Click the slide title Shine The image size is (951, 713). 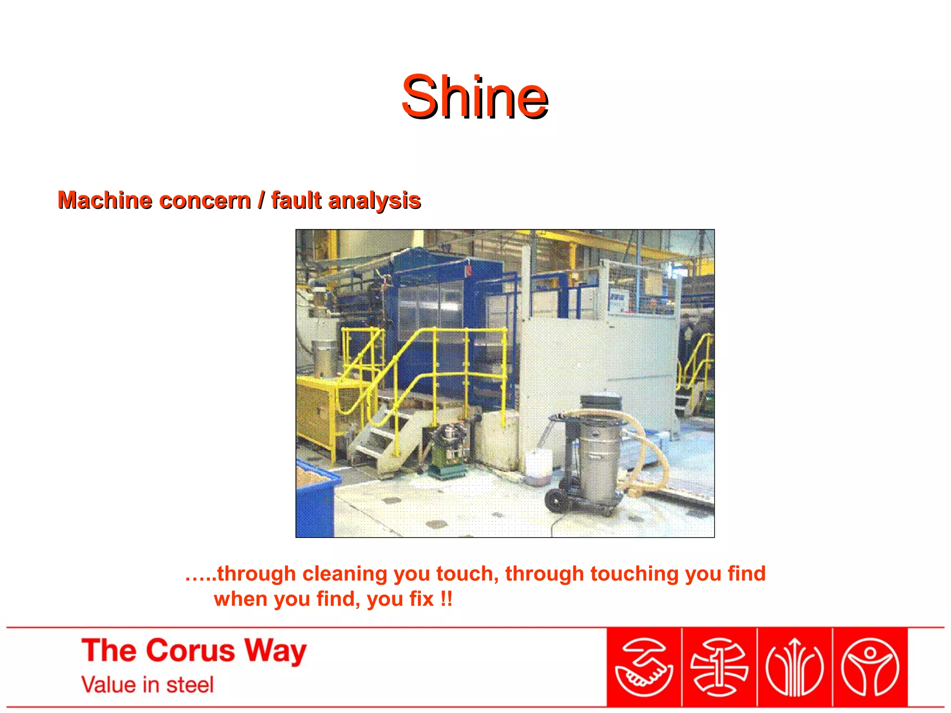[x=475, y=97]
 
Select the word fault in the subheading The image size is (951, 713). [x=296, y=201]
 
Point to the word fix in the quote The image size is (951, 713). [x=421, y=599]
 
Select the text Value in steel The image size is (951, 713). [x=147, y=685]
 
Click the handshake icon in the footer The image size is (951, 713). [x=644, y=668]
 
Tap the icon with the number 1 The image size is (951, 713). [x=719, y=668]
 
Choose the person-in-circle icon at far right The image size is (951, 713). [x=870, y=668]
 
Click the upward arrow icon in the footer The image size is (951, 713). [x=795, y=668]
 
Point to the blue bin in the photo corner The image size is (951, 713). [x=315, y=501]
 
